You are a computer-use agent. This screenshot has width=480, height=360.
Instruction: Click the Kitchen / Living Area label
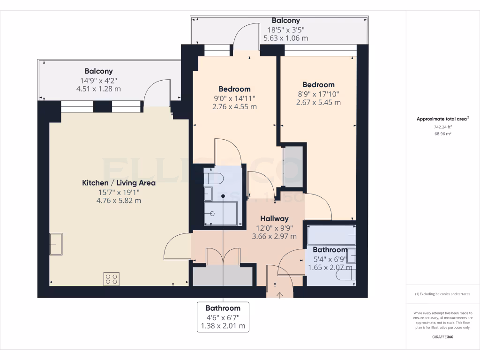coord(119,183)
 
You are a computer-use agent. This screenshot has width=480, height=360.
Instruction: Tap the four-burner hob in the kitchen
coord(112,279)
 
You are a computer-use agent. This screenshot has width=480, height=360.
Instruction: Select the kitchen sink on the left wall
coord(56,244)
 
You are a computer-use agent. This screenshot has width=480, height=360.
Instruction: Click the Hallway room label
coord(274,218)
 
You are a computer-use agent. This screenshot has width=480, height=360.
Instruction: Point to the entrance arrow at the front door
coord(280,295)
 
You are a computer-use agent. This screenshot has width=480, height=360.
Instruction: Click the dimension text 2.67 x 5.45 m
coord(318,102)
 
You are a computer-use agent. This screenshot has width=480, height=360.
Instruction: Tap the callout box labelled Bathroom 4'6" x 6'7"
coord(223,317)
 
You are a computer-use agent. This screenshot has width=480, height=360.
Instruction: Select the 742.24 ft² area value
coord(442,127)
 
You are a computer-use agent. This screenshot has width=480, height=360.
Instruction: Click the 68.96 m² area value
coord(442,134)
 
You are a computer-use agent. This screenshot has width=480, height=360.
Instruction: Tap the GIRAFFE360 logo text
coord(442,337)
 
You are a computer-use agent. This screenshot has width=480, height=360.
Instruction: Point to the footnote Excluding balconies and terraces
coord(442,294)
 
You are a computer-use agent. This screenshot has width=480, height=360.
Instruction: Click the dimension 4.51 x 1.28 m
coord(98,89)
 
